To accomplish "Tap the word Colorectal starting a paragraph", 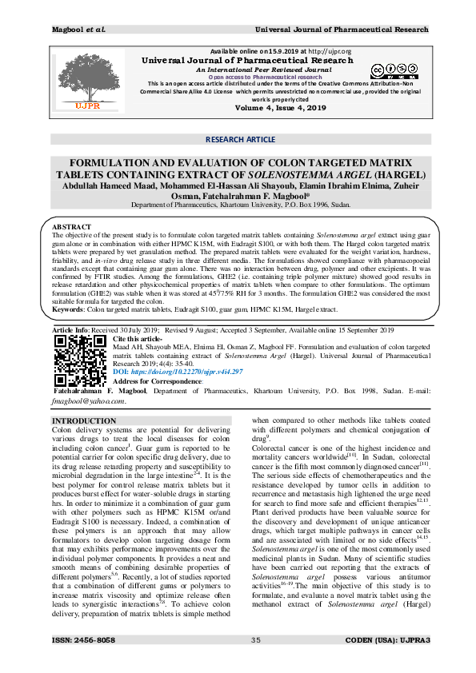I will coord(273,450).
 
